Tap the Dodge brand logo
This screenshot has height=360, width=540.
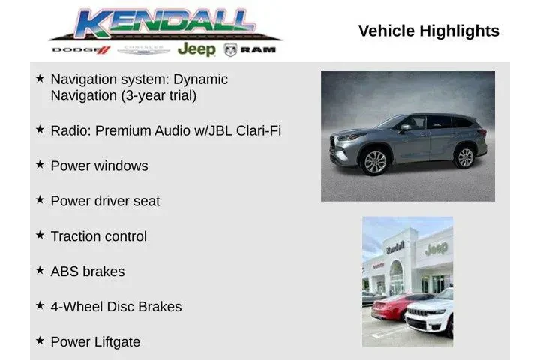(81, 50)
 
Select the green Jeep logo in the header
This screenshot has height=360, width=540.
(196, 49)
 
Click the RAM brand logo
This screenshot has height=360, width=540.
(250, 50)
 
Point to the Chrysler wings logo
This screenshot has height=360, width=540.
(144, 50)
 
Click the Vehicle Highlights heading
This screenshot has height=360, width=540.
(428, 31)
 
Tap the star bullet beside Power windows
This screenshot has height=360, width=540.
(40, 164)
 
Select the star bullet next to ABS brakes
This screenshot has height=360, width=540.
(40, 270)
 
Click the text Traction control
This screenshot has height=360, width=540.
(98, 236)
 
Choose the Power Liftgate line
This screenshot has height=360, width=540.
(95, 342)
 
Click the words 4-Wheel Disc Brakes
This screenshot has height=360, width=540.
(115, 307)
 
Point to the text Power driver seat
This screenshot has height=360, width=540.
(105, 201)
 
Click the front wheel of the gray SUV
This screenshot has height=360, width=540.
(374, 162)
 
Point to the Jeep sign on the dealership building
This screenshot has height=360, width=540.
(436, 247)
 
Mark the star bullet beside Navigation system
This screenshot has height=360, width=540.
(40, 78)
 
